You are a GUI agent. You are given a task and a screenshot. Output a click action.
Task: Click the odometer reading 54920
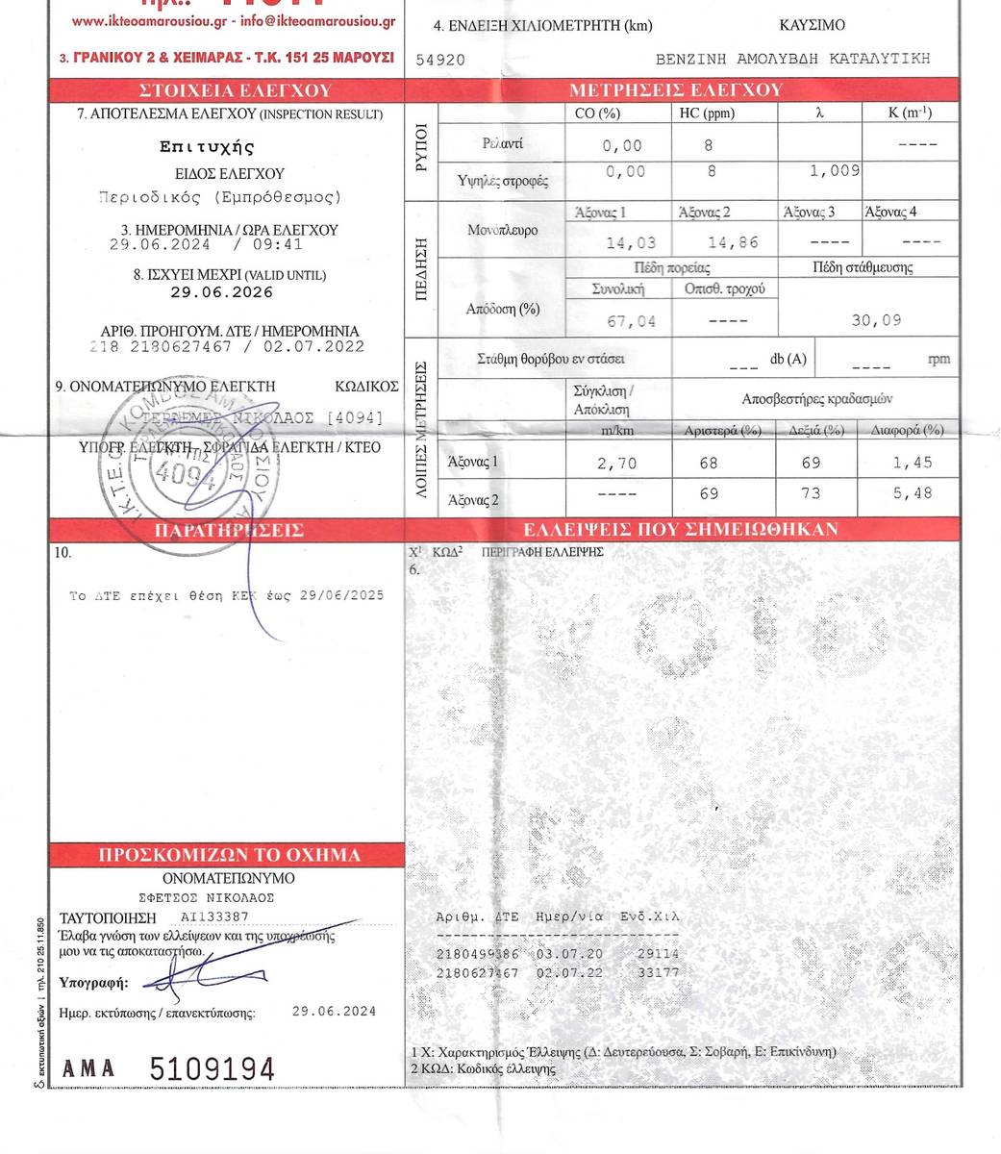[440, 60]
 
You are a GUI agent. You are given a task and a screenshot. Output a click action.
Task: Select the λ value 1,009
[834, 171]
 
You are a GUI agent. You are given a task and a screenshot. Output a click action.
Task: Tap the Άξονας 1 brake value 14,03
[630, 243]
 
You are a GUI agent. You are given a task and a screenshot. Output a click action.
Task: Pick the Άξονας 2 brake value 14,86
[733, 243]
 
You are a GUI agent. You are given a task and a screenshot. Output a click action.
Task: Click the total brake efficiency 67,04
[632, 321]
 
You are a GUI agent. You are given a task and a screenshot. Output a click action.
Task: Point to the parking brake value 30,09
[876, 320]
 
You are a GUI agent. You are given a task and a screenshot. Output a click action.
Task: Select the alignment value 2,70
[616, 464]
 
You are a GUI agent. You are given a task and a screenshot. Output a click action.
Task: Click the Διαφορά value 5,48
[912, 494]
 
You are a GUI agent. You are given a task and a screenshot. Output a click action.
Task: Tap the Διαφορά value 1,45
[912, 463]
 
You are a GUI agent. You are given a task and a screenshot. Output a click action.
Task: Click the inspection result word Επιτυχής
[207, 147]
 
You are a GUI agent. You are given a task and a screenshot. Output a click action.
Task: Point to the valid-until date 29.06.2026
[215, 292]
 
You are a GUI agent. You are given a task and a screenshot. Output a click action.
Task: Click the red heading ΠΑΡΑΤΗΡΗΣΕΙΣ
[229, 530]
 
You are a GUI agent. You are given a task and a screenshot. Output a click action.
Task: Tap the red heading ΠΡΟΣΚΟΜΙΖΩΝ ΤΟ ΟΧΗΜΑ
[229, 855]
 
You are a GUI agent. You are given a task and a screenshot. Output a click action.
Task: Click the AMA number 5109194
[212, 1069]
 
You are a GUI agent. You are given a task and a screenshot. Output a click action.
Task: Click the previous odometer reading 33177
[658, 972]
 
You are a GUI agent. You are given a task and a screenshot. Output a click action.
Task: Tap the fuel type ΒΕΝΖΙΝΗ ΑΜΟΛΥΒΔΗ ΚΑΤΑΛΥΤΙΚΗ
[792, 59]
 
